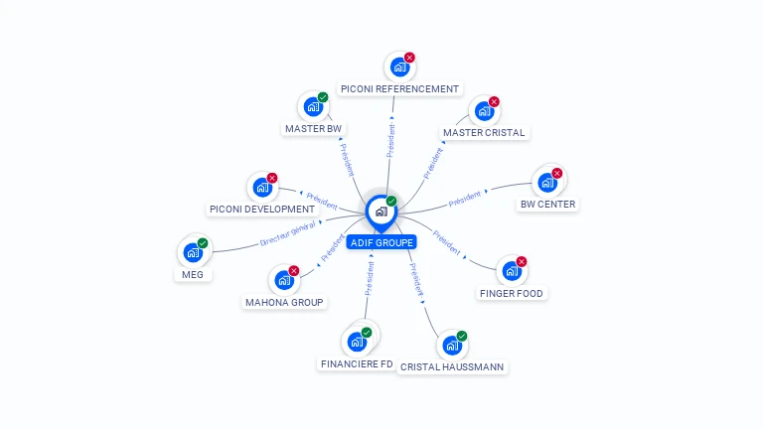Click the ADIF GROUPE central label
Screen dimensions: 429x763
click(381, 242)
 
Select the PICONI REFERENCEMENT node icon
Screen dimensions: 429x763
click(399, 68)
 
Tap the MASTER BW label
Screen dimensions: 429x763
click(313, 129)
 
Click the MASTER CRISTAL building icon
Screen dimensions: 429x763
click(483, 111)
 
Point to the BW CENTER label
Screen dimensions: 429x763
click(547, 205)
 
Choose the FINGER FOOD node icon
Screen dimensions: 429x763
click(511, 271)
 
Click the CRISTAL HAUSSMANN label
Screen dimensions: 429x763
click(452, 367)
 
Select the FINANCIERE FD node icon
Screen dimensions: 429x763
click(357, 343)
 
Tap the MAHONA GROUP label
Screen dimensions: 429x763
click(284, 302)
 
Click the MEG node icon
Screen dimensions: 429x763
click(193, 253)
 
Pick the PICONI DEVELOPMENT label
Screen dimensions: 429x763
click(262, 210)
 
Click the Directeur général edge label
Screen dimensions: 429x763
click(287, 234)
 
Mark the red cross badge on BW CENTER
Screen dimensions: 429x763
click(557, 174)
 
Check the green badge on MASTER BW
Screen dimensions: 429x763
click(323, 97)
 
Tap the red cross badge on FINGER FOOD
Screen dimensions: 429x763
click(522, 262)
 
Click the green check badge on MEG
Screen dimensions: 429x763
click(203, 243)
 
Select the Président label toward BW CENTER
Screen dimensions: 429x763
click(464, 199)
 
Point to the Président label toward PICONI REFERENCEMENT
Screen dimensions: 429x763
click(391, 140)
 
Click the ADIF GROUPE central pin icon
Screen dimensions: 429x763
click(381, 211)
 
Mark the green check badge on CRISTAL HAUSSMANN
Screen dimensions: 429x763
click(462, 336)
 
